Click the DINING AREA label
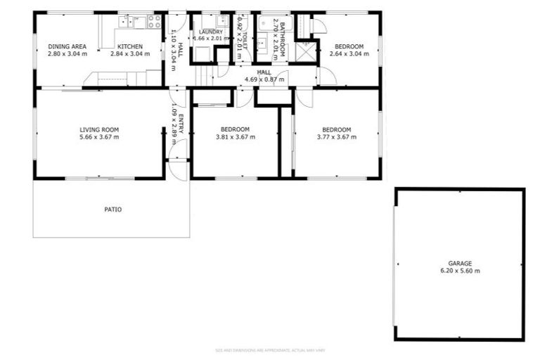(x=67, y=46)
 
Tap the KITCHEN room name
(x=130, y=46)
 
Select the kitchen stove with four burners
(x=154, y=22)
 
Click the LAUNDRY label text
(x=211, y=32)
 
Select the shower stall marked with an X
(x=305, y=51)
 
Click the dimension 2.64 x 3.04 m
(x=349, y=53)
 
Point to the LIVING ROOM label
(x=99, y=129)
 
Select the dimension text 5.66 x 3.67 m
(x=99, y=137)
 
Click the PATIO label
(x=113, y=209)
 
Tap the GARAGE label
(x=460, y=263)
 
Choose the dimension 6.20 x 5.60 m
(x=460, y=271)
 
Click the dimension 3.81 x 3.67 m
(x=235, y=137)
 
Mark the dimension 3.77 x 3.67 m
(x=336, y=137)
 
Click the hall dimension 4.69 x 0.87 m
(x=264, y=79)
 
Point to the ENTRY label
(x=181, y=124)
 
